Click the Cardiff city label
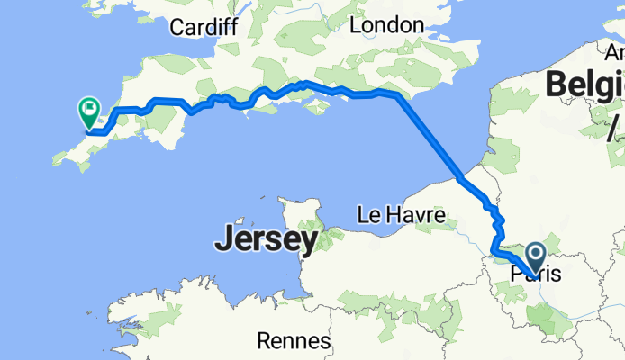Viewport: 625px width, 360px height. [x=203, y=27]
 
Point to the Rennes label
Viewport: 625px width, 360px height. [x=294, y=341]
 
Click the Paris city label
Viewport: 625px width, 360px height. [x=535, y=273]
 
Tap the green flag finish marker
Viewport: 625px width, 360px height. [x=89, y=112]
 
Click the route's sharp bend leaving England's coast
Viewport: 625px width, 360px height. [x=397, y=94]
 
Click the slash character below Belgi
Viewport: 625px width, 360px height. [x=614, y=131]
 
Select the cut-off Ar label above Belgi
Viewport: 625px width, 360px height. [x=617, y=52]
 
